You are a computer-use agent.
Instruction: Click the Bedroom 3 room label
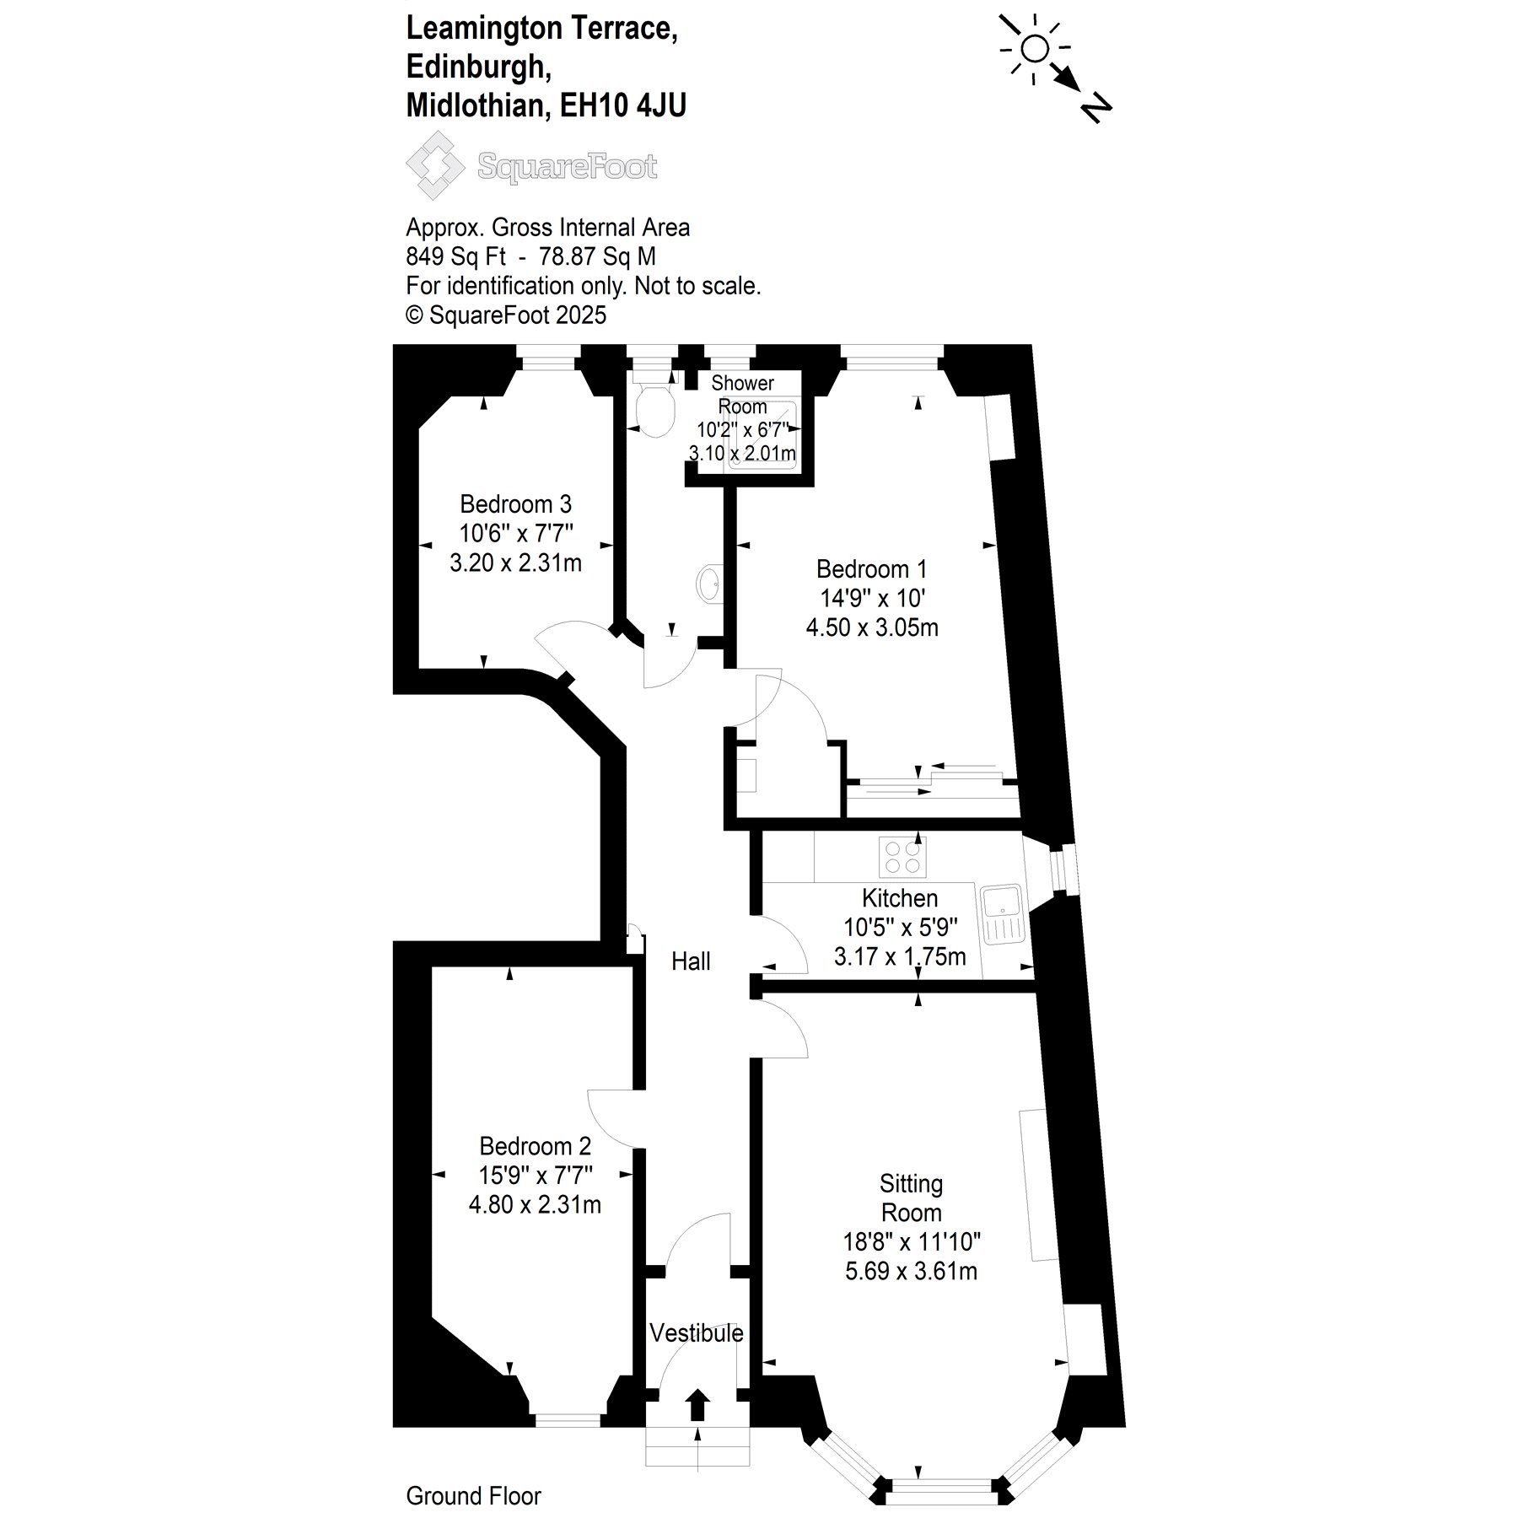pos(515,504)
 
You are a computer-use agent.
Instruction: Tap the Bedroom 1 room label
pos(872,569)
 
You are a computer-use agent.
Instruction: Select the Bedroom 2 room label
pos(535,1146)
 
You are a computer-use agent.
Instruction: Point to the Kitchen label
pos(900,898)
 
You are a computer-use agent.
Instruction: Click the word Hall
pos(691,961)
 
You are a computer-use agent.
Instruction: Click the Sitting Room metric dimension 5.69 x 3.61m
pos(911,1271)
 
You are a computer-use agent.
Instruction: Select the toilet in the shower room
pos(655,410)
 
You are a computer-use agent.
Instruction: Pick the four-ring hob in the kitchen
pos(902,856)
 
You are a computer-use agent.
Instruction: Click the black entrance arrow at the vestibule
pos(697,1406)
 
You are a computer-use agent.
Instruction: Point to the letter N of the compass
pos(1095,108)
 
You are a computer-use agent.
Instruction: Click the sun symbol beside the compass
pos(1035,50)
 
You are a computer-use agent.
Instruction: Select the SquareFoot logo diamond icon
pos(435,164)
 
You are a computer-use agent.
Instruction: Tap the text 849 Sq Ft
pos(455,256)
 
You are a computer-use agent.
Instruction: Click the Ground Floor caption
pos(473,1496)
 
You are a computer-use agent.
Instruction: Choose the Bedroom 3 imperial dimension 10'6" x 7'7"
pos(515,533)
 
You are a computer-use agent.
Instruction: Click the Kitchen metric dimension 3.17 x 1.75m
pos(900,956)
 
